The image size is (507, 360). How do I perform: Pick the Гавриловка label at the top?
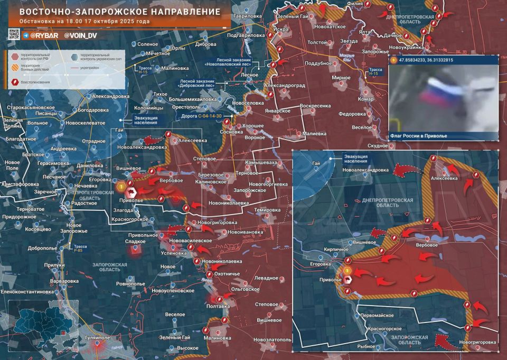(248, 16)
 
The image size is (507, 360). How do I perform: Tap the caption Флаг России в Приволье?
(418, 136)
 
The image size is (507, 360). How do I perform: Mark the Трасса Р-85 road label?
(80, 248)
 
